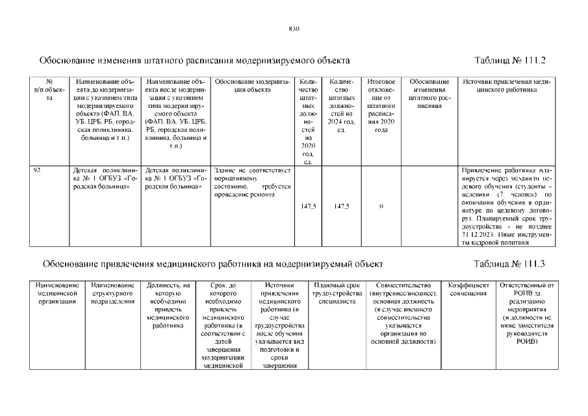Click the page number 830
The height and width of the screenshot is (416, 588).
tap(293, 29)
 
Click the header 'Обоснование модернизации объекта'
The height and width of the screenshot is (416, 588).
tap(251, 86)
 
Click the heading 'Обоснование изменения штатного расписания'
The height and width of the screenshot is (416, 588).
tap(195, 60)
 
